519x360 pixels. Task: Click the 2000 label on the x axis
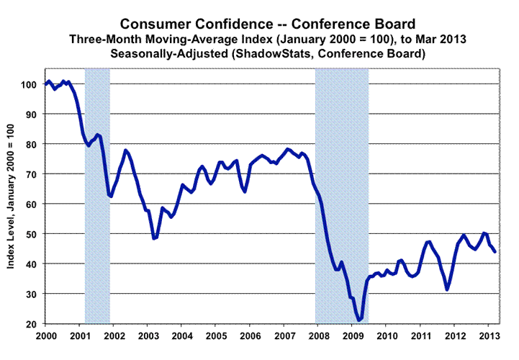[x=45, y=336]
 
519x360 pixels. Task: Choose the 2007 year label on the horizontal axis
[x=284, y=336]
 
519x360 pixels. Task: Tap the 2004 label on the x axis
[x=181, y=336]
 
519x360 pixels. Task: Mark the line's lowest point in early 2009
[x=358, y=320]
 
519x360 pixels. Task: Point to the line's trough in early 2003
[x=154, y=238]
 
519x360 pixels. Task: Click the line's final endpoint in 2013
[x=495, y=251]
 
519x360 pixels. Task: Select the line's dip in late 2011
[x=447, y=289]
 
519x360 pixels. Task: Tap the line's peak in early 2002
[x=126, y=150]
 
